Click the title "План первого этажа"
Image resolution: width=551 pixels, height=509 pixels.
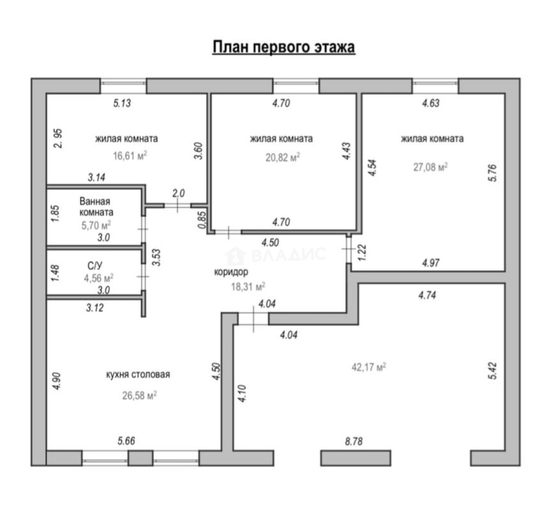[283, 48]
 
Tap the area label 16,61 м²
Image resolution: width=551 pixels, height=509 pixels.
[130, 156]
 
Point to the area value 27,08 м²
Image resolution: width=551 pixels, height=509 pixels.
[430, 167]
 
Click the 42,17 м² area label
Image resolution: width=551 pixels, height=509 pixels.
[369, 367]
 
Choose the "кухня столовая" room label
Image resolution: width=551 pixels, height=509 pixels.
[138, 375]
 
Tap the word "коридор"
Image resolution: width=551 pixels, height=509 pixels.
[231, 272]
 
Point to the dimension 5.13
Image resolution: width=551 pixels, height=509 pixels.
[122, 103]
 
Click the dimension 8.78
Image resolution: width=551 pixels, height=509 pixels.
[354, 441]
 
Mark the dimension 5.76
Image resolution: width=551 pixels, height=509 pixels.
[493, 173]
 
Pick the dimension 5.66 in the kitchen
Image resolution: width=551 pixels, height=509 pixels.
[126, 441]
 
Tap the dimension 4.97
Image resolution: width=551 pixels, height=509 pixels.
[431, 262]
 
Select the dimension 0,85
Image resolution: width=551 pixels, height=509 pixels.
[202, 220]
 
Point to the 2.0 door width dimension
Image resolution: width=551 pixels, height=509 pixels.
[179, 193]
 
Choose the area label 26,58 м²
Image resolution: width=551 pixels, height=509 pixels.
[140, 396]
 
